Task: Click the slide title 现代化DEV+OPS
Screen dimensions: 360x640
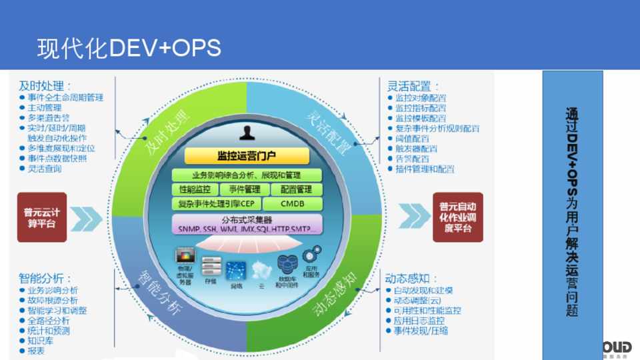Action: click(x=129, y=48)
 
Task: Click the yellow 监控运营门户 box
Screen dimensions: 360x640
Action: click(x=247, y=156)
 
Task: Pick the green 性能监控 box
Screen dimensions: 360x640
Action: click(x=195, y=190)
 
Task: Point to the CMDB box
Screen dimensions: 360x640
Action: click(x=293, y=204)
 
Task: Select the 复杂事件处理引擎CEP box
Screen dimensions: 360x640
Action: click(x=216, y=204)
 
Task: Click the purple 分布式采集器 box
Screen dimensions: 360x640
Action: click(x=247, y=225)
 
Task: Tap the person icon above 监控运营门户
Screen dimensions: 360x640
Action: click(x=248, y=133)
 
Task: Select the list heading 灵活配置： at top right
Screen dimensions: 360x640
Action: click(x=413, y=86)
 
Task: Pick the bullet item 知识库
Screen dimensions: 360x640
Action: click(x=41, y=341)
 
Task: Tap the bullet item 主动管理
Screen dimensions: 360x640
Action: click(x=45, y=107)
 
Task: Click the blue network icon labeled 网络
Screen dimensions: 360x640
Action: click(x=236, y=271)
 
